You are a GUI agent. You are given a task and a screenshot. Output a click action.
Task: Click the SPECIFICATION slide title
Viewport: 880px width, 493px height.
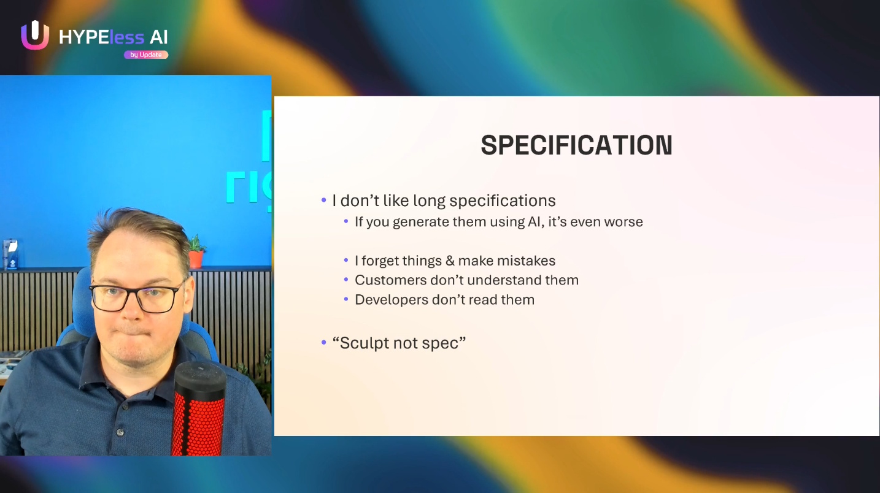(576, 145)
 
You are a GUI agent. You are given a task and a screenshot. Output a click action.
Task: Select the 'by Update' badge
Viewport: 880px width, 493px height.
(146, 55)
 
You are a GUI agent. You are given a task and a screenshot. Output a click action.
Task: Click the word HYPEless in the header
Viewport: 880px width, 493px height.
(101, 37)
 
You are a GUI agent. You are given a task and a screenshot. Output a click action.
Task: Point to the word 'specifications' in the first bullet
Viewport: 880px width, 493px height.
(503, 201)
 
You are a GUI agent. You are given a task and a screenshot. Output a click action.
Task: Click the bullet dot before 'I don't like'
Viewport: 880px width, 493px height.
(324, 200)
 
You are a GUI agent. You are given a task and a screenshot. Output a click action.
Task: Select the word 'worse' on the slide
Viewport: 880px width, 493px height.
(623, 222)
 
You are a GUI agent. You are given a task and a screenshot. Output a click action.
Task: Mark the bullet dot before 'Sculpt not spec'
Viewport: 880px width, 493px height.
(324, 343)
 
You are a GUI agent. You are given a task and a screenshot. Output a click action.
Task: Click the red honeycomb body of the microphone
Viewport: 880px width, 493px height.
(198, 424)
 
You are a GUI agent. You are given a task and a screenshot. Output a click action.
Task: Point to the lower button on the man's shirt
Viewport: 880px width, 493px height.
(120, 432)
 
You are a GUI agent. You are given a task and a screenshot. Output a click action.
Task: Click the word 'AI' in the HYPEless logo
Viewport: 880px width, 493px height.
(159, 37)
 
